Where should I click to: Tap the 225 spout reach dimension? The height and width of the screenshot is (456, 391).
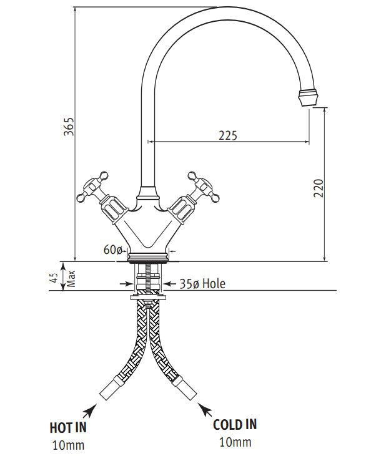pyautogui.click(x=227, y=135)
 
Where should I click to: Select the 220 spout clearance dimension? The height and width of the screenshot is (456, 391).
pyautogui.click(x=318, y=188)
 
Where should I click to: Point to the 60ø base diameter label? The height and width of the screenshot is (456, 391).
pyautogui.click(x=112, y=250)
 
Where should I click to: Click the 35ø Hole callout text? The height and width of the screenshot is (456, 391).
pyautogui.click(x=202, y=284)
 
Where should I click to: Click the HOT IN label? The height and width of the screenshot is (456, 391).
pyautogui.click(x=67, y=427)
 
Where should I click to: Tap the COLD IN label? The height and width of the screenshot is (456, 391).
pyautogui.click(x=234, y=425)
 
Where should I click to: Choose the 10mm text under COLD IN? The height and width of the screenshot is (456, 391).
pyautogui.click(x=235, y=442)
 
